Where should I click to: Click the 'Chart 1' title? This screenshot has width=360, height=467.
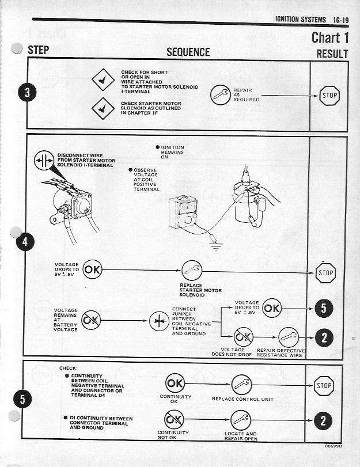pyautogui.click(x=329, y=37)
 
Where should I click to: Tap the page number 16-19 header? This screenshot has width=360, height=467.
pyautogui.click(x=337, y=20)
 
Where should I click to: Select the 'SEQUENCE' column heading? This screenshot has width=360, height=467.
pyautogui.click(x=188, y=52)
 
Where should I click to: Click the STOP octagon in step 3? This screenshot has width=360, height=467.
pyautogui.click(x=329, y=96)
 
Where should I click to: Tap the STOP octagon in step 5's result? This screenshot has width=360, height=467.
pyautogui.click(x=324, y=386)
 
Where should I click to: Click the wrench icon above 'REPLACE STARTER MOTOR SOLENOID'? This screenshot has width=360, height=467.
pyautogui.click(x=191, y=270)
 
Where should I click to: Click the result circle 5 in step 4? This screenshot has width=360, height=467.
pyautogui.click(x=324, y=309)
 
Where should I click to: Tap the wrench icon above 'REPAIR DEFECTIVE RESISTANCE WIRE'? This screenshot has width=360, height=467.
pyautogui.click(x=289, y=337)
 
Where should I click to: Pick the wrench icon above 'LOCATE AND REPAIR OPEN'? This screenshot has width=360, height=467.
pyautogui.click(x=241, y=422)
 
